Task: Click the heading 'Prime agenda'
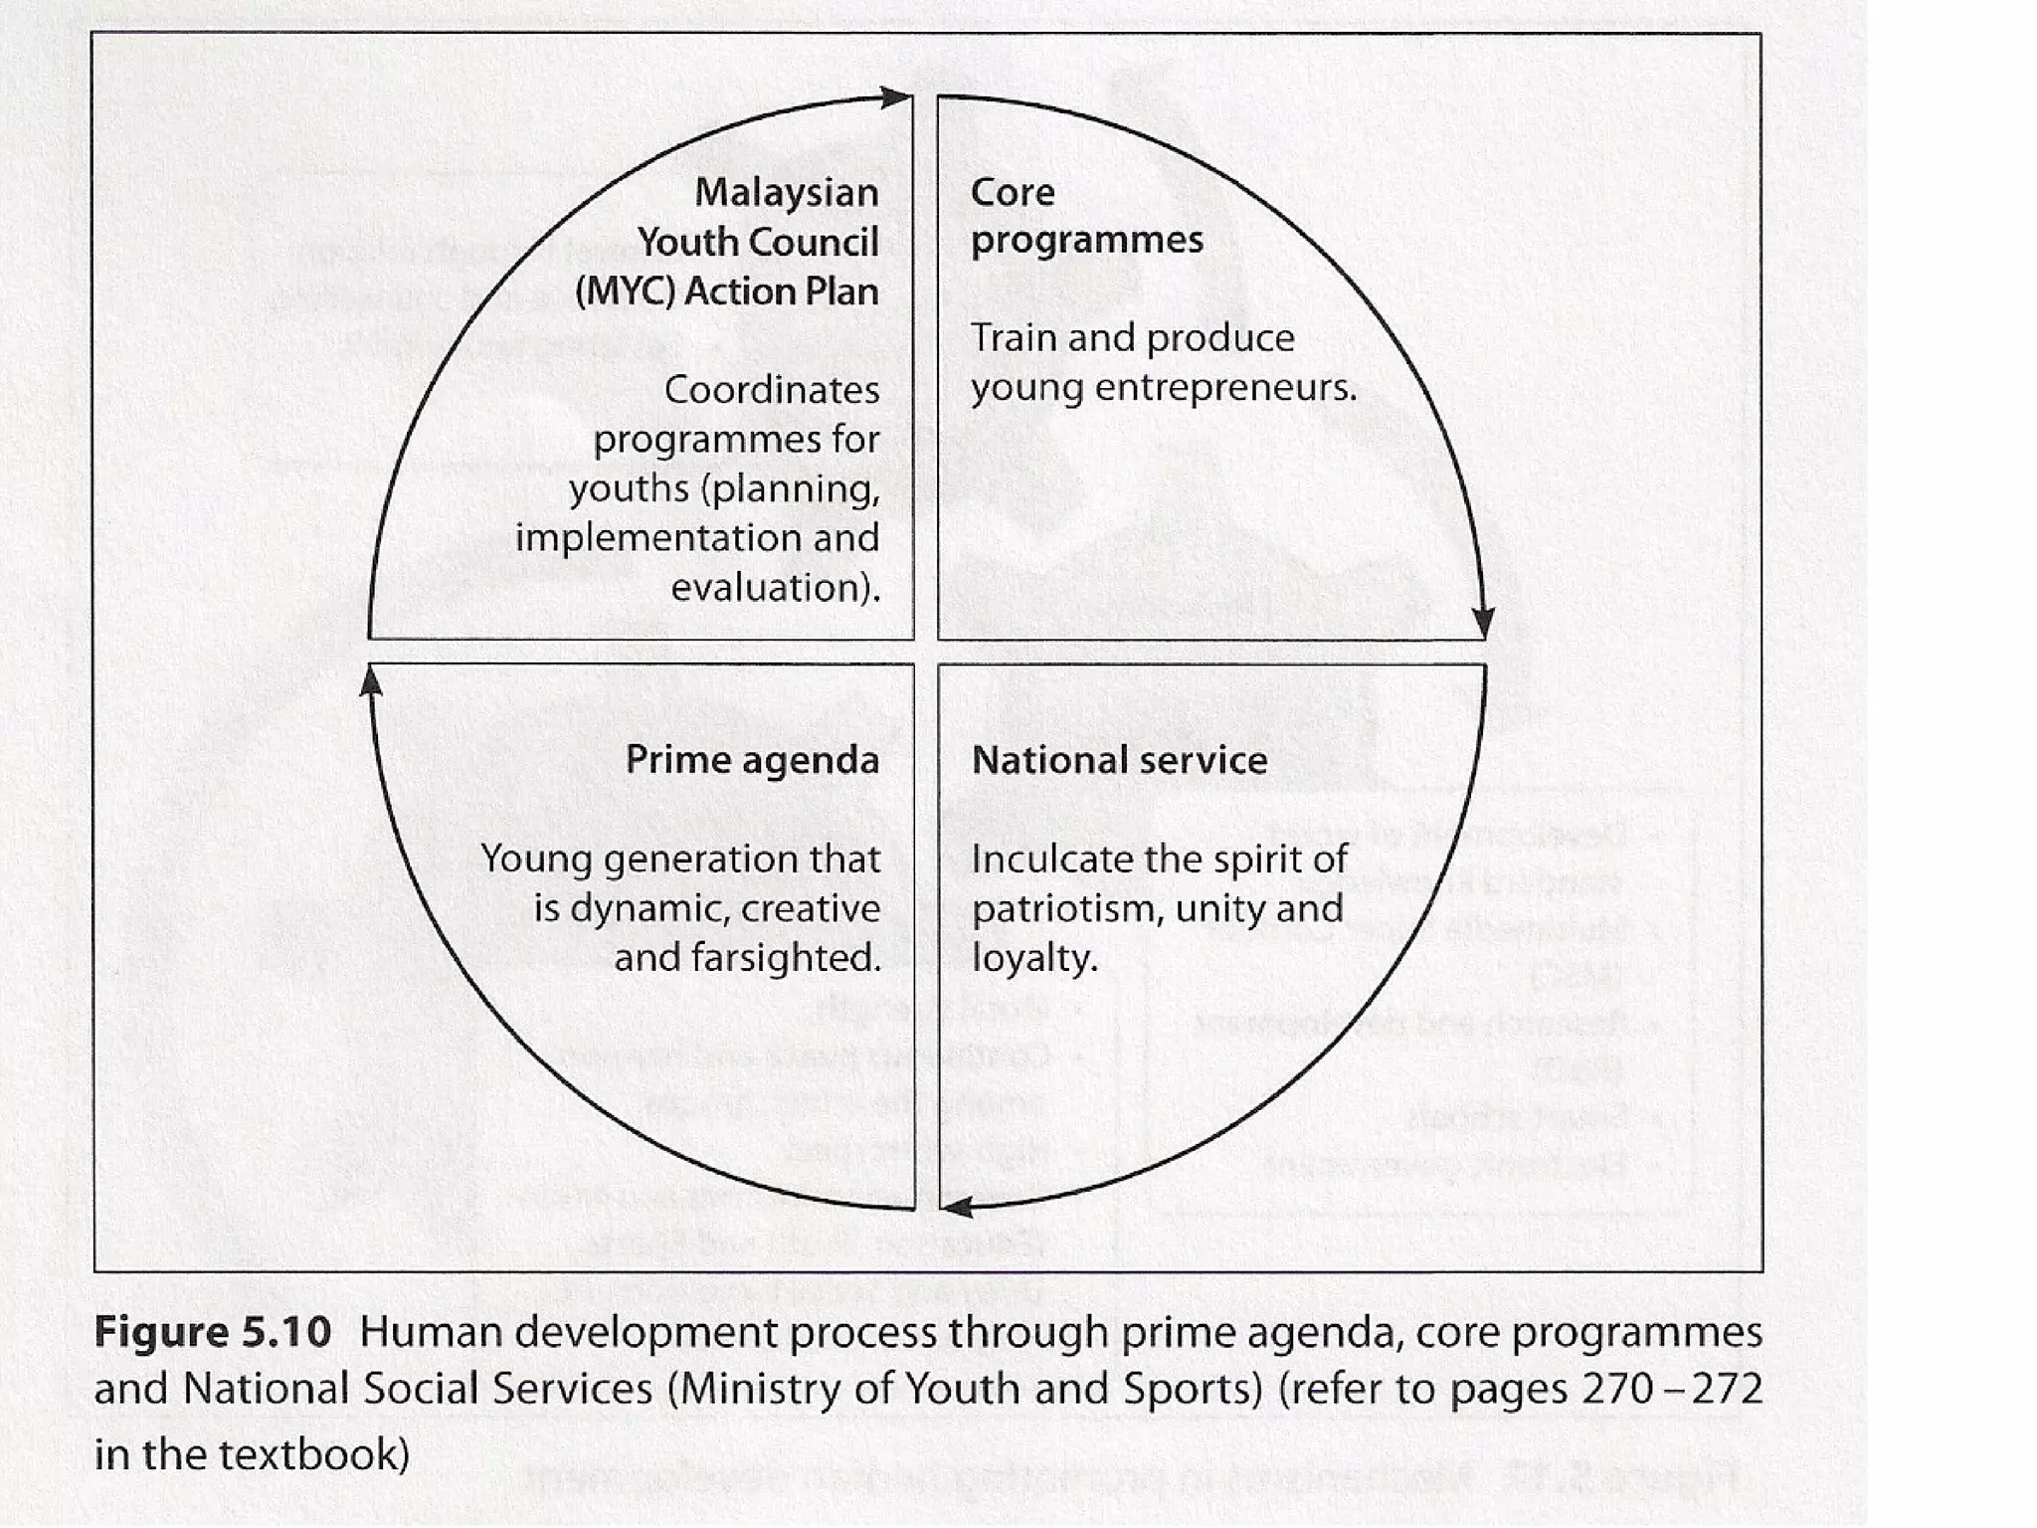(752, 761)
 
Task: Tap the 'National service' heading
(1119, 761)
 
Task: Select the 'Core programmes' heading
(1086, 216)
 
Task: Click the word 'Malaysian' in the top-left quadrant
(786, 193)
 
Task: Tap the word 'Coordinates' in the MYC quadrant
(771, 390)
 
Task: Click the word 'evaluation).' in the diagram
(775, 588)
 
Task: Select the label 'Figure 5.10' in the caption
(212, 1332)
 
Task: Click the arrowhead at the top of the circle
(897, 97)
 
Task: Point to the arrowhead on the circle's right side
(1483, 623)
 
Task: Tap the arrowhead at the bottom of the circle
(956, 1208)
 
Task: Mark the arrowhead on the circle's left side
(371, 680)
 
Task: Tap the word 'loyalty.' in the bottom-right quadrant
(1034, 958)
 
